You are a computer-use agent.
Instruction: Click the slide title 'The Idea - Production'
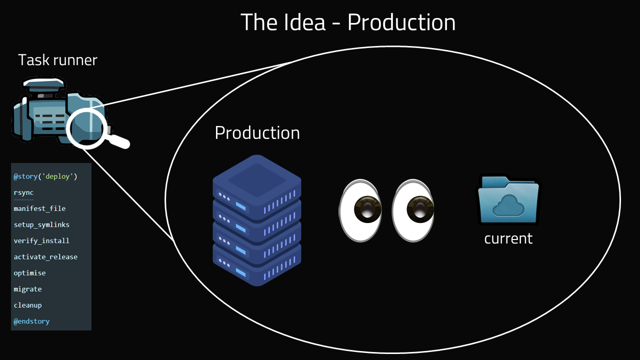pyautogui.click(x=348, y=23)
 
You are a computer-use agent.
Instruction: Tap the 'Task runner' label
pyautogui.click(x=57, y=60)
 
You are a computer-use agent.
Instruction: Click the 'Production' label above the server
pyautogui.click(x=257, y=133)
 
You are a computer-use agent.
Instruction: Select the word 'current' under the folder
pyautogui.click(x=508, y=238)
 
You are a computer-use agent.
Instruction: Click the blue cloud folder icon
pyautogui.click(x=508, y=200)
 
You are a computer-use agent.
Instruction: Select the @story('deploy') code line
pyautogui.click(x=45, y=176)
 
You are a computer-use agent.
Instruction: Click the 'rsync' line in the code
pyautogui.click(x=23, y=192)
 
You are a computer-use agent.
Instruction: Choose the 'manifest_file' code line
pyautogui.click(x=39, y=208)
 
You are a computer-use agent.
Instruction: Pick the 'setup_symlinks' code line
pyautogui.click(x=41, y=224)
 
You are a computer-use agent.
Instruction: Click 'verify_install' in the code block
pyautogui.click(x=41, y=240)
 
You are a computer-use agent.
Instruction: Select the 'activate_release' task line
pyautogui.click(x=45, y=256)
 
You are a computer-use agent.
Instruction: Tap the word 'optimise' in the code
pyautogui.click(x=29, y=273)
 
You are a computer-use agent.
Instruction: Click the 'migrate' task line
pyautogui.click(x=27, y=289)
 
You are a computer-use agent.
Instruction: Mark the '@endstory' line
pyautogui.click(x=31, y=321)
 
